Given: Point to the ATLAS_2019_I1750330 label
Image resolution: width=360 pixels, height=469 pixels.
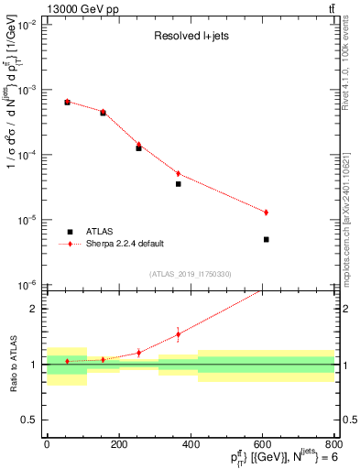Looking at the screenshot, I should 190,274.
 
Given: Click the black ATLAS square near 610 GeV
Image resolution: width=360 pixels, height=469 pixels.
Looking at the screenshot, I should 266,239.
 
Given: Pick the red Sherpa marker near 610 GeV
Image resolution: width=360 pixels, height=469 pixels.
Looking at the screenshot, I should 266,213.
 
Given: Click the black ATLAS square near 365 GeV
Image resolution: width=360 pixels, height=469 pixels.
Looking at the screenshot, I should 178,184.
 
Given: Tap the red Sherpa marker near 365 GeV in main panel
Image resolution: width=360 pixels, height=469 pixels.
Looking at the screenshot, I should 178,173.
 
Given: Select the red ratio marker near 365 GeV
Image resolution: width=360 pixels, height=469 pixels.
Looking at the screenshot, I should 178,334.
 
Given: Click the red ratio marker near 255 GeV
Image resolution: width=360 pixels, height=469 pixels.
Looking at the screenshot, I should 138,353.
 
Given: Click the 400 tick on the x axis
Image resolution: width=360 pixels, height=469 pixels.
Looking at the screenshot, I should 190,442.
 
